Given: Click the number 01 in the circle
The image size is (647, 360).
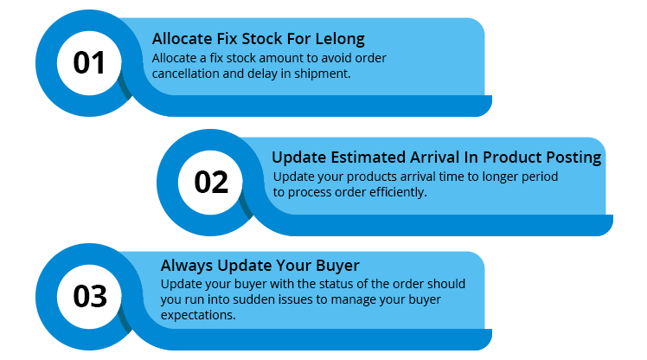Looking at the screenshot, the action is click(89, 63).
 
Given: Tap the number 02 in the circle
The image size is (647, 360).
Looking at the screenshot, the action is click(211, 182).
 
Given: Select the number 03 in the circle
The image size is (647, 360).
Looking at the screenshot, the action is click(90, 297).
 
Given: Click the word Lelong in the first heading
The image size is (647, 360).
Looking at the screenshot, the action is click(340, 39).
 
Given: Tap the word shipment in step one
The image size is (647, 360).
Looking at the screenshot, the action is click(322, 74).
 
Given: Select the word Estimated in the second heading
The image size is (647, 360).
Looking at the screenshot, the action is click(369, 157).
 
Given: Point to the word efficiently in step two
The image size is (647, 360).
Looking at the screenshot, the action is click(398, 192).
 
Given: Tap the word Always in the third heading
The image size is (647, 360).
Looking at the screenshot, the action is click(188, 266).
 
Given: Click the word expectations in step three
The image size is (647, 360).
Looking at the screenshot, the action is click(198, 315).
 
